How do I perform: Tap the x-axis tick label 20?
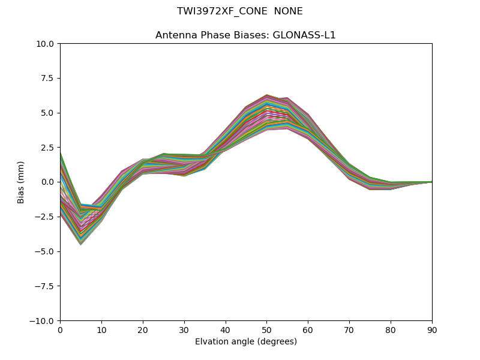click(x=143, y=329)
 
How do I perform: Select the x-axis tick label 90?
click(x=432, y=329)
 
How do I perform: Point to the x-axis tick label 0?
click(x=60, y=329)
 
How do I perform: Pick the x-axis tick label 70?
click(x=349, y=329)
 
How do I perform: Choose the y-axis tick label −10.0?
click(x=44, y=321)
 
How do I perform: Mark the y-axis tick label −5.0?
click(x=46, y=251)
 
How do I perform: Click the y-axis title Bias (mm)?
click(x=21, y=182)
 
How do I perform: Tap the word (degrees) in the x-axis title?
click(x=277, y=342)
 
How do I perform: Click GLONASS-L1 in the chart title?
click(x=304, y=35)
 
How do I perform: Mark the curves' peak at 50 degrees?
click(x=266, y=95)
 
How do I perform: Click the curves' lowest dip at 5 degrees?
click(x=80, y=244)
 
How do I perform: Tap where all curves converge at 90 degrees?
click(x=431, y=182)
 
